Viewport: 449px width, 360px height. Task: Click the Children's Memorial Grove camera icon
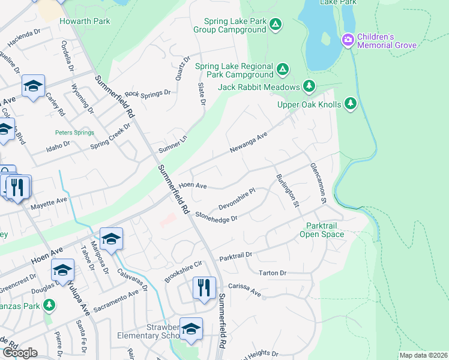pyautogui.click(x=347, y=41)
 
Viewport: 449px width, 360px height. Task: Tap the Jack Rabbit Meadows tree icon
pyautogui.click(x=309, y=87)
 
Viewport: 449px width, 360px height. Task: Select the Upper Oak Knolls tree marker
pyautogui.click(x=351, y=104)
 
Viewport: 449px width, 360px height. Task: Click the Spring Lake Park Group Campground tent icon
pyautogui.click(x=275, y=25)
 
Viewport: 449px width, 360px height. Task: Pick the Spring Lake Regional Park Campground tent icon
pyautogui.click(x=283, y=71)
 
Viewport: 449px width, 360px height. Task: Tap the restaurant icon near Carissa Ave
pyautogui.click(x=204, y=289)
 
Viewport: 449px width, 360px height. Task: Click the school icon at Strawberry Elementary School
pyautogui.click(x=191, y=329)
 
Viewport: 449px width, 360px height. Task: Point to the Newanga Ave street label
pyautogui.click(x=248, y=144)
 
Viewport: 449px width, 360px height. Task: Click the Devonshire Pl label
pyautogui.click(x=237, y=197)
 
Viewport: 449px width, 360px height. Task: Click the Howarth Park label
pyautogui.click(x=85, y=21)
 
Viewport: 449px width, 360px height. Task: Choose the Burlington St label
pyautogui.click(x=288, y=190)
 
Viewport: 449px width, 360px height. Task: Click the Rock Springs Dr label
pyautogui.click(x=148, y=94)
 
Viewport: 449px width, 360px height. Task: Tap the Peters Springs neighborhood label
pyautogui.click(x=71, y=132)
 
